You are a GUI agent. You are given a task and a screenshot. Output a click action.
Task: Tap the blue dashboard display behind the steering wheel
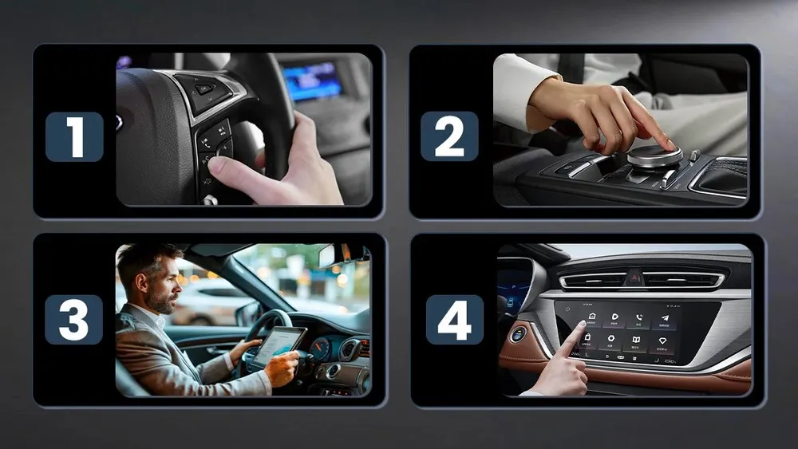(x=312, y=81)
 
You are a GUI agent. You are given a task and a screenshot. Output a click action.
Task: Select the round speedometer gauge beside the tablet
(x=322, y=349)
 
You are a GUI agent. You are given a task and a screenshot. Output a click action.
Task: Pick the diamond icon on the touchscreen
(x=662, y=339)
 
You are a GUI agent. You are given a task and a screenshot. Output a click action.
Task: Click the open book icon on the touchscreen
(x=637, y=340)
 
